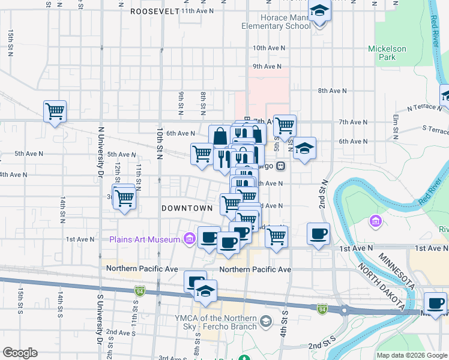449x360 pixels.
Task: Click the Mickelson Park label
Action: point(387,53)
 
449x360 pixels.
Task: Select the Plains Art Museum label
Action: point(145,239)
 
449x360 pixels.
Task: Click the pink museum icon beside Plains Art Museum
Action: point(189,239)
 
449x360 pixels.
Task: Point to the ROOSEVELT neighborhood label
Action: point(154,11)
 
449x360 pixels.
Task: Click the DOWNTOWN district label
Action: point(187,208)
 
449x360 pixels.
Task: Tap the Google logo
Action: point(20,353)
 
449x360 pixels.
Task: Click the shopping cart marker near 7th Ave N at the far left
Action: point(55,111)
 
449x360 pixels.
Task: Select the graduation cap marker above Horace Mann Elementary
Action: point(319,11)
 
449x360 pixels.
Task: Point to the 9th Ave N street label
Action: point(267,66)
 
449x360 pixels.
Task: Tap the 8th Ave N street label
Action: point(333,91)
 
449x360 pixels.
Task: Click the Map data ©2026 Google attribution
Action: point(412,355)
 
